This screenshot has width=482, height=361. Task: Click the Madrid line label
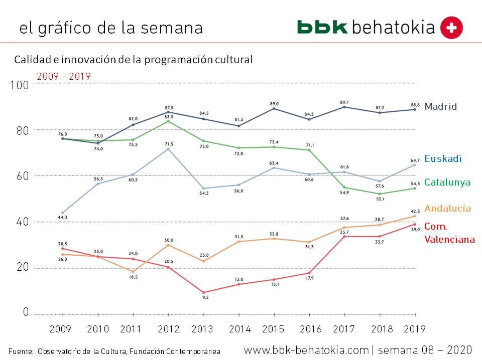pyautogui.click(x=440, y=106)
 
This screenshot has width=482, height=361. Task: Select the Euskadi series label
pyautogui.click(x=442, y=159)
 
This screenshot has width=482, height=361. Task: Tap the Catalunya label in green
pyautogui.click(x=447, y=183)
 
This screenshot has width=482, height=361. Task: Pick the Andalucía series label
pyautogui.click(x=448, y=208)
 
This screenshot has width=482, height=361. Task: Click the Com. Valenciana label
pyautogui.click(x=449, y=233)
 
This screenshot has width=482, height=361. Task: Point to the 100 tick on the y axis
pyautogui.click(x=20, y=85)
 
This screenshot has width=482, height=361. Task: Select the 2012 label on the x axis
pyautogui.click(x=168, y=329)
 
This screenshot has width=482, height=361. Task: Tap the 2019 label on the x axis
pyautogui.click(x=414, y=329)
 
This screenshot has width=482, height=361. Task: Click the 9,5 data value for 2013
pyautogui.click(x=203, y=297)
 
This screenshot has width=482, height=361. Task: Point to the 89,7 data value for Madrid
pyautogui.click(x=344, y=102)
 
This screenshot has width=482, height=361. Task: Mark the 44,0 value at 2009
pyautogui.click(x=63, y=217)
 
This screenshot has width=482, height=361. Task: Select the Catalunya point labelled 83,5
pyautogui.click(x=169, y=121)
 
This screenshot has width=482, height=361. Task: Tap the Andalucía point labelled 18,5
pyautogui.click(x=133, y=272)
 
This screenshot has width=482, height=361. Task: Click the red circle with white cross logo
pyautogui.click(x=451, y=28)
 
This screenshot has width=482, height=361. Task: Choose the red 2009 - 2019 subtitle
pyautogui.click(x=64, y=76)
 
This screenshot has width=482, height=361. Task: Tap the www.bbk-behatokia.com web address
pyautogui.click(x=306, y=349)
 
